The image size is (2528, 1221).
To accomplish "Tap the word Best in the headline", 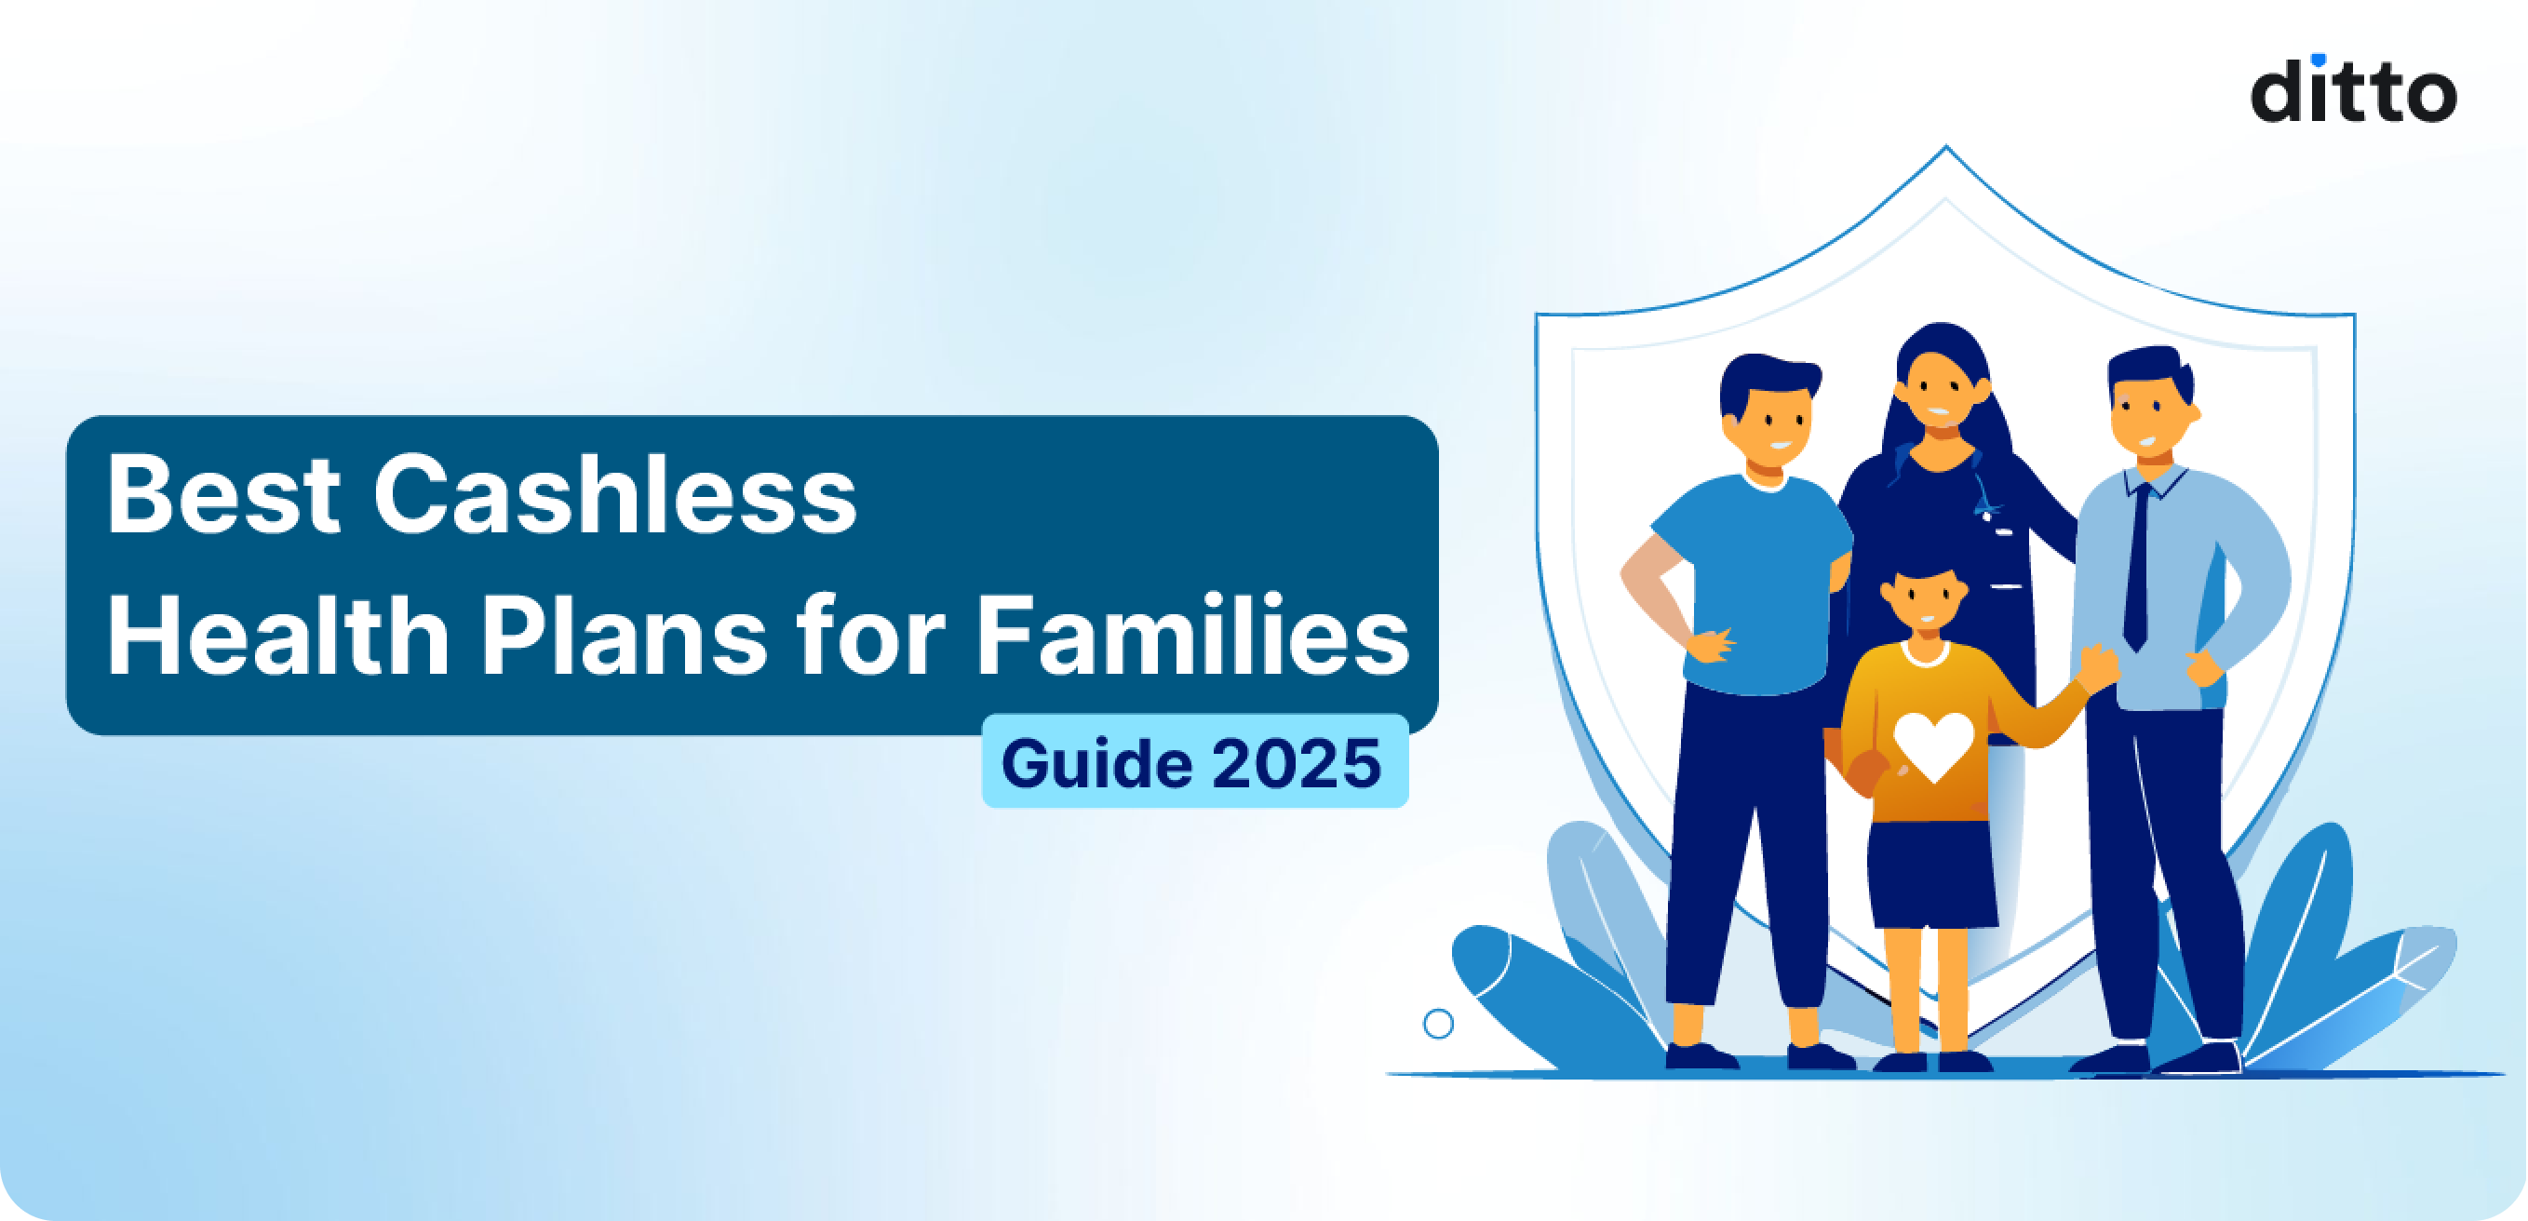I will (223, 496).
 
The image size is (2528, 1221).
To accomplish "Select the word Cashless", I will (615, 496).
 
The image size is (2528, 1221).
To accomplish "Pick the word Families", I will (1191, 636).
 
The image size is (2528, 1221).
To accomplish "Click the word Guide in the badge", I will (1096, 764).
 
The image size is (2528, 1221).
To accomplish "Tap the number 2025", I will (1297, 764).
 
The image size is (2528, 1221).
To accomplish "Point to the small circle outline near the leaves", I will (1438, 1024).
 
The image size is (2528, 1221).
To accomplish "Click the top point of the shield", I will (1945, 150).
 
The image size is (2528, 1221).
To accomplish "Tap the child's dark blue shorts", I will (1930, 875).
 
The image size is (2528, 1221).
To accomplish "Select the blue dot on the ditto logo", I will (2318, 60).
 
